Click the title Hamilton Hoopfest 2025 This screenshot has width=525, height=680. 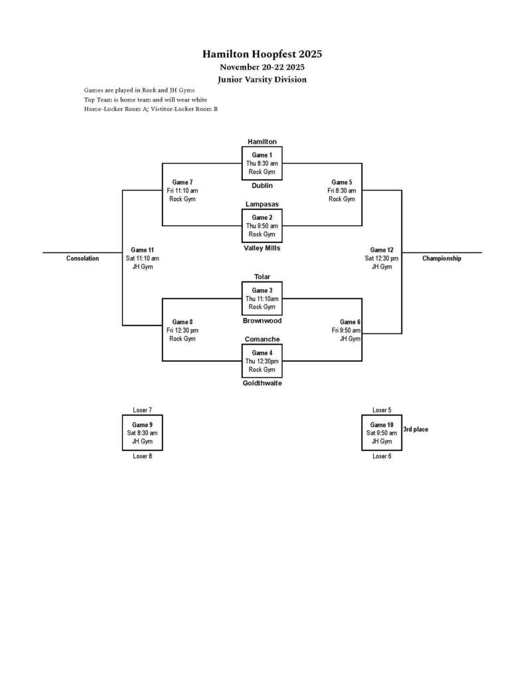(262, 54)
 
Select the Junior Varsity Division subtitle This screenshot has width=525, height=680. (262, 79)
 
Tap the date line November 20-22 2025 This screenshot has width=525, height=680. (262, 67)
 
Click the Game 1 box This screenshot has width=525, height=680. (262, 163)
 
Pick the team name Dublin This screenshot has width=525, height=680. (262, 185)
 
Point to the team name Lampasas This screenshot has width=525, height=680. (262, 204)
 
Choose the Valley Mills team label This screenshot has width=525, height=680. (262, 248)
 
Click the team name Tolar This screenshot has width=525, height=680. (262, 277)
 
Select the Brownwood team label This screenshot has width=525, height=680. (262, 321)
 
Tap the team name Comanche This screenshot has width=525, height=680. (262, 339)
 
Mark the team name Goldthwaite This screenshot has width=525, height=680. (262, 383)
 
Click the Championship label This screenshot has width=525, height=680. (441, 258)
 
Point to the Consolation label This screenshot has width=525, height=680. (82, 258)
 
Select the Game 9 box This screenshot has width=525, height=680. (142, 433)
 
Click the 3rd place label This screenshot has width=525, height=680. (415, 430)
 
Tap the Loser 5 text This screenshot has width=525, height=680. (382, 410)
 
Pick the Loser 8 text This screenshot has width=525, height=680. (142, 456)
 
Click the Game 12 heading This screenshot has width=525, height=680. (382, 250)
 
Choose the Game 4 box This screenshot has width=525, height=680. (262, 361)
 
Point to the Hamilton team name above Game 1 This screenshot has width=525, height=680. (262, 141)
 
